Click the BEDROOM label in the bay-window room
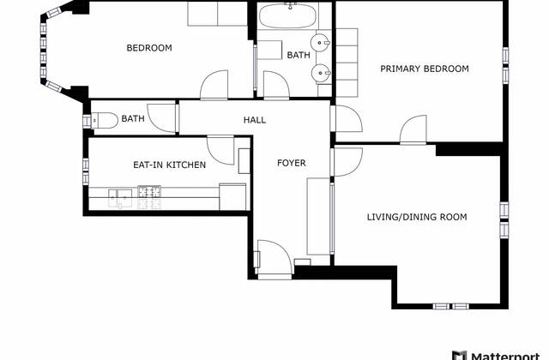pyautogui.click(x=149, y=48)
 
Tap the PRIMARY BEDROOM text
pyautogui.click(x=425, y=69)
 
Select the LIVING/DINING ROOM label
pyautogui.click(x=417, y=217)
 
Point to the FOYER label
pyautogui.click(x=291, y=163)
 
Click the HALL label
pyautogui.click(x=255, y=121)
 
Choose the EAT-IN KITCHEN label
pyautogui.click(x=169, y=165)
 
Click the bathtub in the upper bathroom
pyautogui.click(x=288, y=17)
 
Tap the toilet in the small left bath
pyautogui.click(x=100, y=120)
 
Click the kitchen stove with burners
pyautogui.click(x=148, y=196)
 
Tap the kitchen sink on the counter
pyautogui.click(x=119, y=196)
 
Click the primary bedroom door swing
pyautogui.click(x=411, y=129)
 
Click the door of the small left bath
pyautogui.click(x=161, y=117)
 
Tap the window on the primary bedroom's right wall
pyautogui.click(x=506, y=55)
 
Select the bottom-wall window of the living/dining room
pyautogui.click(x=451, y=305)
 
